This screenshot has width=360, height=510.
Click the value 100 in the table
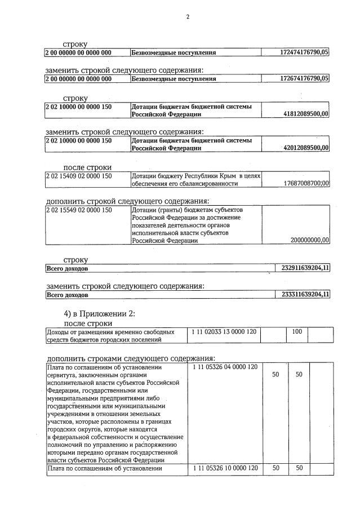(297, 332)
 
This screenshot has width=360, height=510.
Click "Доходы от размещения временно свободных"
(110, 332)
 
